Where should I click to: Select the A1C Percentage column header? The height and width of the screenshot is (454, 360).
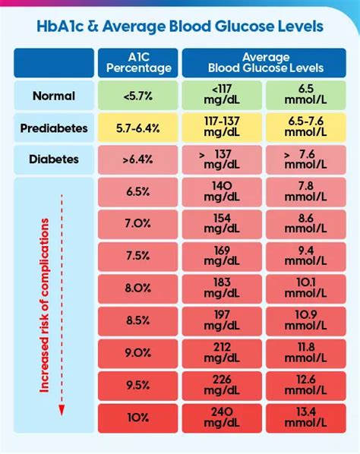137,63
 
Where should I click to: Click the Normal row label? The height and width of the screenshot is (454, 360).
53,96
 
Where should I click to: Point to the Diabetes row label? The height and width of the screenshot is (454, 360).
53,160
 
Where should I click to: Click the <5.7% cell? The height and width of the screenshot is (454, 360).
137,96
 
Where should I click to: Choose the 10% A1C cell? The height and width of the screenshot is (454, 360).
137,417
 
